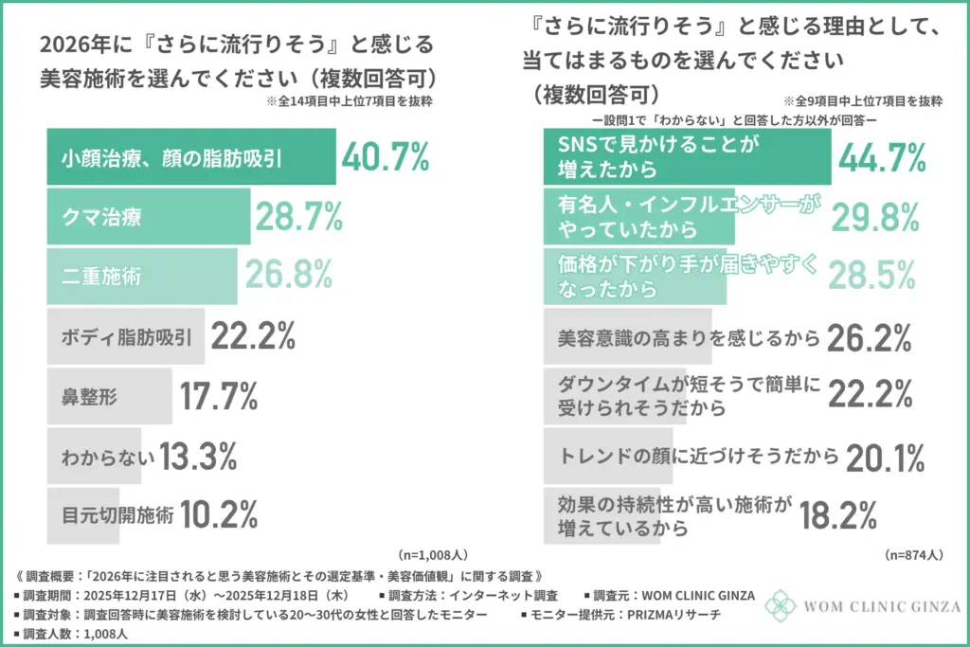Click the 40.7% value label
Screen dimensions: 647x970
pos(386,158)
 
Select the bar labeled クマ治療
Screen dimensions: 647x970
pos(148,217)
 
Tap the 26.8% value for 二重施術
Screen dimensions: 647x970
pos(289,275)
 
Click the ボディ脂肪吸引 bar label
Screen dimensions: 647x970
pos(125,337)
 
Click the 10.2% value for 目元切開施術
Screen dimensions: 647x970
pos(219,516)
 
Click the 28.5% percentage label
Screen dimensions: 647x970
pos(875,277)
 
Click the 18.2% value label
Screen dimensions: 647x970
pos(836,516)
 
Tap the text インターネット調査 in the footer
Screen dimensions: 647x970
pos(506,596)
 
